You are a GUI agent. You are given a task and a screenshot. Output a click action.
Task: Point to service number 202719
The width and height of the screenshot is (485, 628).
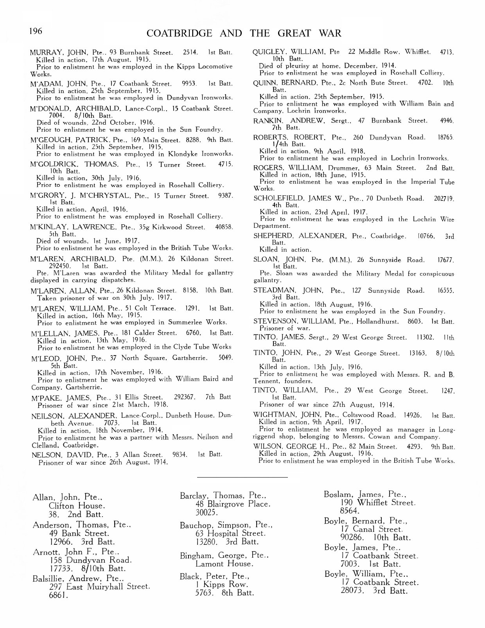444,199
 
